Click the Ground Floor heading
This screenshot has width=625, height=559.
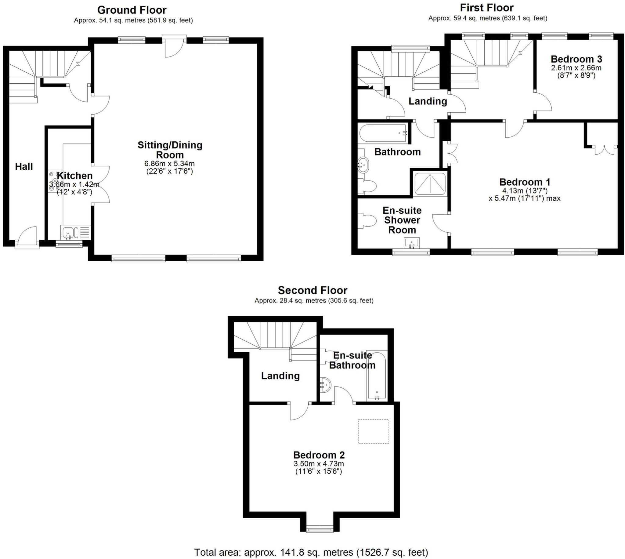click(132, 10)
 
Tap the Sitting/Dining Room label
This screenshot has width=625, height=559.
click(170, 150)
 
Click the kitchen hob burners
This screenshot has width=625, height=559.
click(53, 182)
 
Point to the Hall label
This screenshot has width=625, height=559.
click(24, 166)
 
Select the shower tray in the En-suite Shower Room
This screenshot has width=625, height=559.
click(430, 184)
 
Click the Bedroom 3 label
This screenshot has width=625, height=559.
click(576, 59)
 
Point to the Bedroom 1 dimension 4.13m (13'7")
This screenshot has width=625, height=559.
click(525, 191)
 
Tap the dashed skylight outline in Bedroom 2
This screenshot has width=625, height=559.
click(373, 431)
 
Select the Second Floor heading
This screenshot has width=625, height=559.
click(312, 290)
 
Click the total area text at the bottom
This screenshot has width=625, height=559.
click(311, 552)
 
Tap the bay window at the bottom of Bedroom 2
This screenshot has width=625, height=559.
click(320, 529)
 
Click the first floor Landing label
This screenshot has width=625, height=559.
click(428, 101)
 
